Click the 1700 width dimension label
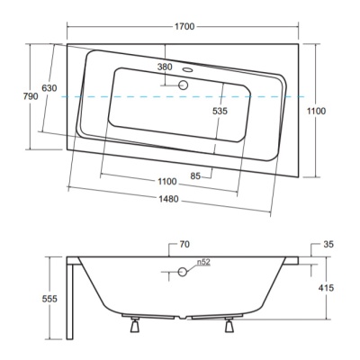184,27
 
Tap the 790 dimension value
31,96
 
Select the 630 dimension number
49,88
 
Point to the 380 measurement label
165,67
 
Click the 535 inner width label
220,111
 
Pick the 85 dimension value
195,176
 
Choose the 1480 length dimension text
168,199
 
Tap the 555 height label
49,299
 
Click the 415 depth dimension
326,288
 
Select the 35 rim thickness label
328,245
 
